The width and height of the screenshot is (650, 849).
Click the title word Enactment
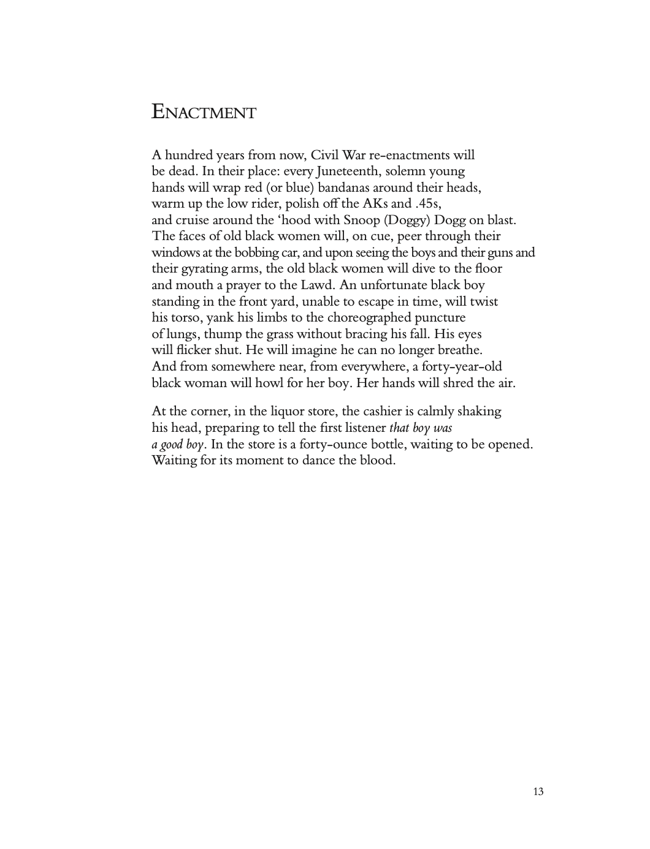click(204, 113)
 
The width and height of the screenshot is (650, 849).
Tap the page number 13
click(538, 791)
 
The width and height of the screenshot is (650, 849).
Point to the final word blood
click(375, 460)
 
